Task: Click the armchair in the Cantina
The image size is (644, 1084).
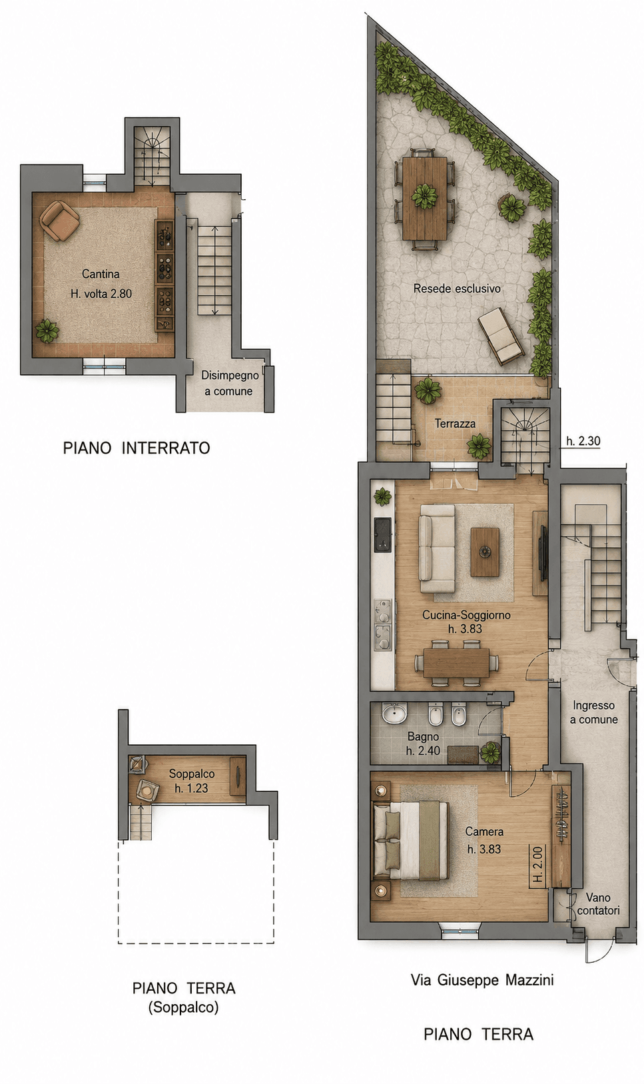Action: click(59, 221)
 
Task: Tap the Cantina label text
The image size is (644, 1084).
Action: click(101, 274)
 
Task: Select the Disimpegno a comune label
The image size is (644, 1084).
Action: click(229, 383)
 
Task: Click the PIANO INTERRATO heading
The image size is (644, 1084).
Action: click(137, 448)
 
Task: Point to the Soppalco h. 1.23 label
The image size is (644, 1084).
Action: click(192, 781)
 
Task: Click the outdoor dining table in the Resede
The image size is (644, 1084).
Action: click(424, 198)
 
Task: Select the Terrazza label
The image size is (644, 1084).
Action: click(455, 424)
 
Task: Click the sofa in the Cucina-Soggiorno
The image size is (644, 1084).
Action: click(437, 548)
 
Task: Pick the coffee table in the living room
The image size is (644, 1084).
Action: click(485, 552)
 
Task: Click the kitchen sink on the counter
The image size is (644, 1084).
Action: click(383, 535)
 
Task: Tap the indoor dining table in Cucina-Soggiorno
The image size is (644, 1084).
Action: click(456, 662)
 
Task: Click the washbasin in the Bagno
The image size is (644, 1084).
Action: click(395, 714)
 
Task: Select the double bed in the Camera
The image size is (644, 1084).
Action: click(410, 839)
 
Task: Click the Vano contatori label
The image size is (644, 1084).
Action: click(598, 903)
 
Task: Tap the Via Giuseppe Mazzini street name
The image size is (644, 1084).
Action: click(482, 980)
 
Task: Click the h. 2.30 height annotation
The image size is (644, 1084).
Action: click(583, 440)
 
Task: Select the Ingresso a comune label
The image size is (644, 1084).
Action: click(593, 712)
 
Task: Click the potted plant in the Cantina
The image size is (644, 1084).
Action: click(47, 330)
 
